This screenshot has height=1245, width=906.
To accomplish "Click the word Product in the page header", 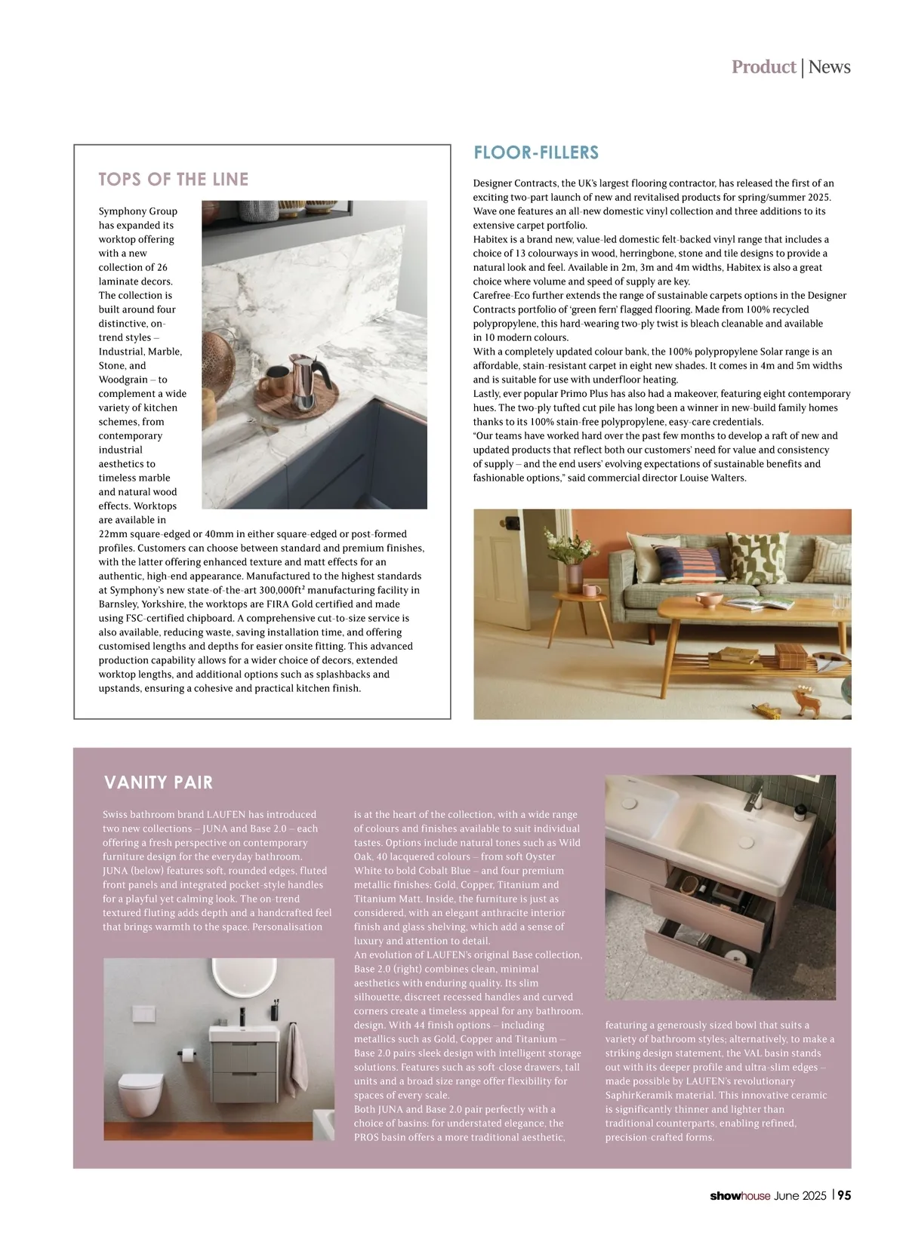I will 763,67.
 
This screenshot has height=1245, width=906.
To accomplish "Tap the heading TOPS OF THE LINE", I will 174,180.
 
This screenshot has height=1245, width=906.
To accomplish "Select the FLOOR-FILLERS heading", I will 536,153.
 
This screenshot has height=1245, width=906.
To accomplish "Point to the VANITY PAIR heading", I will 159,782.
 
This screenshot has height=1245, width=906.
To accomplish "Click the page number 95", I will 844,1196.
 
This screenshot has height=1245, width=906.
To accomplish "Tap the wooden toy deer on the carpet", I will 809,702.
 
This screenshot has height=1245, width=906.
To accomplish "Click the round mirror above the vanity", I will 234,981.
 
